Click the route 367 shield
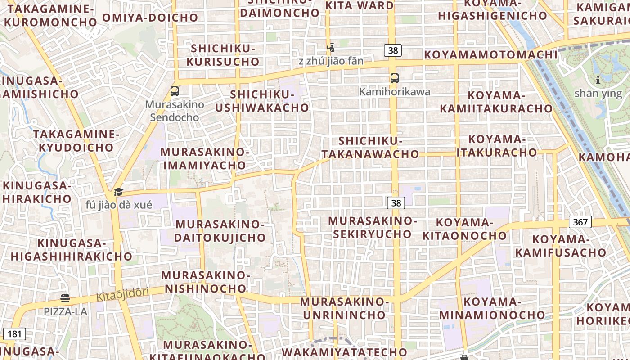coord(580,222)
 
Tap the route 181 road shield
coord(14,334)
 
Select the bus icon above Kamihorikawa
coord(395,78)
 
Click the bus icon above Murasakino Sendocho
coord(175,91)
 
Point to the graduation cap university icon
coord(118,192)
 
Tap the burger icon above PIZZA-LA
coord(65,298)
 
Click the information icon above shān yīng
coord(598,81)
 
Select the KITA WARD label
coord(359,6)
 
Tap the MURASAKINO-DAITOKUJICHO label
coord(220,231)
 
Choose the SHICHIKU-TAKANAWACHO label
coord(370,148)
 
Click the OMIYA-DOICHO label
coord(150,18)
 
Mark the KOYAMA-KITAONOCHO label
coord(464,229)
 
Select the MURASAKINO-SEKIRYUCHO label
coord(373,227)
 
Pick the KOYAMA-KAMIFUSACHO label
coord(561,246)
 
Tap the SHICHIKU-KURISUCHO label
coord(223,55)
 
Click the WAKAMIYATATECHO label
coord(344,352)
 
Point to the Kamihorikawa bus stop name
coord(395,92)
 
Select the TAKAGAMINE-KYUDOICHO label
coord(76,141)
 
